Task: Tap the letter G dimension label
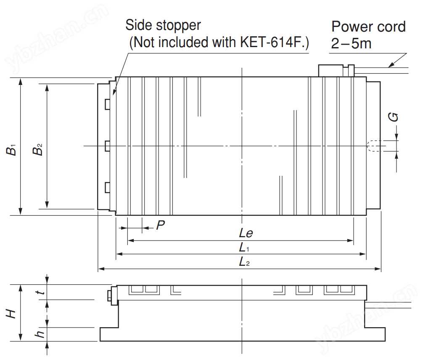pos(394,117)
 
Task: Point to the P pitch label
pos(160,225)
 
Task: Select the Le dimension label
pos(246,233)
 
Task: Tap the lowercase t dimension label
pos(41,293)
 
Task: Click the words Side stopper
pos(163,25)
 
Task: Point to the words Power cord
pos(368,26)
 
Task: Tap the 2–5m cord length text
pos(351,43)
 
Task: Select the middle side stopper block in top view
pos(108,146)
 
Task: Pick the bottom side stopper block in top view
pos(108,187)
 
